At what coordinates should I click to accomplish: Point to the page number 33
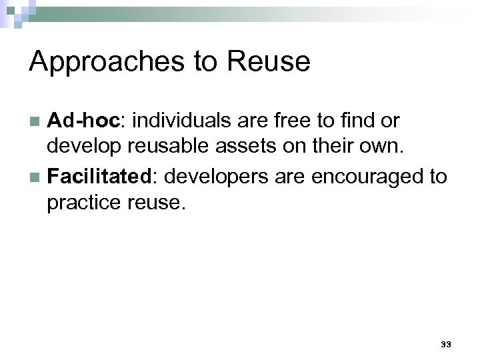(446, 345)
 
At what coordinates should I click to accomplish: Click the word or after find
(390, 121)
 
